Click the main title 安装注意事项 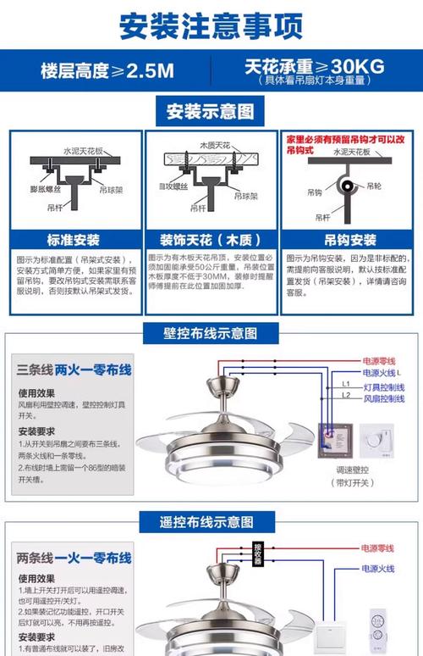click(211, 25)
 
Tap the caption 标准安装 click(74, 239)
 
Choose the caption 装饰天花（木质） click(211, 239)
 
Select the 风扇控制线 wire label click(384, 398)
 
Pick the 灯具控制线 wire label click(384, 386)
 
